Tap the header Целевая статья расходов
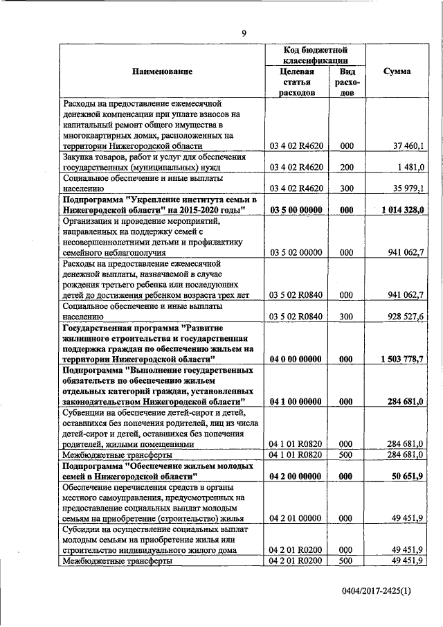coord(297,82)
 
